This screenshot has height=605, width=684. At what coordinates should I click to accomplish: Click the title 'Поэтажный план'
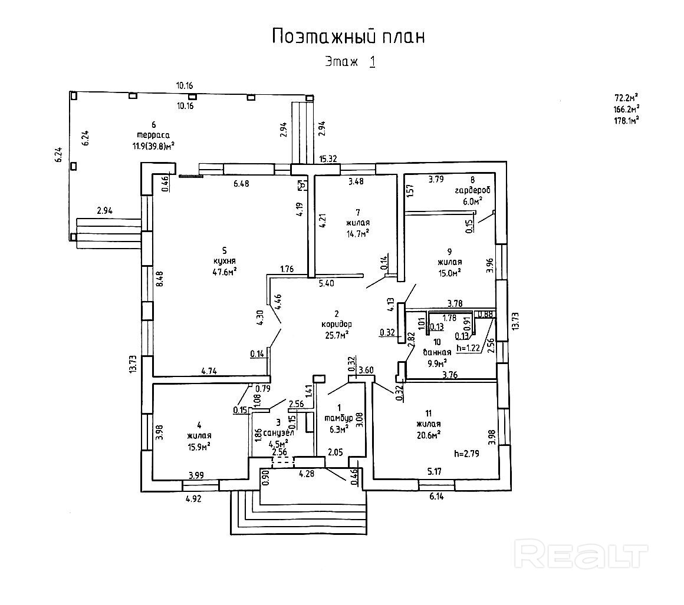click(x=348, y=37)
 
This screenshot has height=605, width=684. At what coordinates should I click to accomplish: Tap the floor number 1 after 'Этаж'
click(x=372, y=61)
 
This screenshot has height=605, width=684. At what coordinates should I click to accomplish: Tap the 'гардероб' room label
click(x=472, y=191)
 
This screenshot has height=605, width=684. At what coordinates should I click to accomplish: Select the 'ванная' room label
click(x=437, y=352)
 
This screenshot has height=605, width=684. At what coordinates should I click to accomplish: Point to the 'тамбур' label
click(x=338, y=418)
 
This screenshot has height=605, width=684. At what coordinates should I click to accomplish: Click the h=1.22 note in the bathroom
click(x=470, y=348)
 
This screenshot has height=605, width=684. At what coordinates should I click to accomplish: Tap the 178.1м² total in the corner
click(x=627, y=120)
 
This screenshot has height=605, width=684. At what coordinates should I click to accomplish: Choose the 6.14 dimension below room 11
click(x=436, y=497)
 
